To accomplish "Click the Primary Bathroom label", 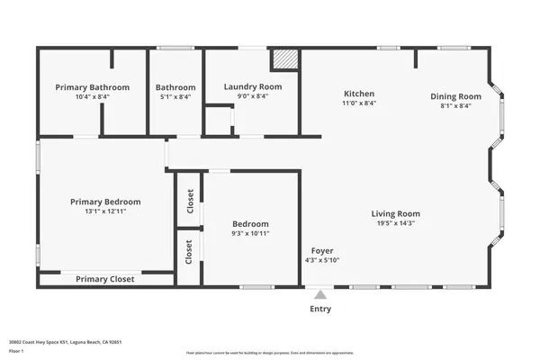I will (92, 87).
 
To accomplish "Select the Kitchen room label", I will (359, 94).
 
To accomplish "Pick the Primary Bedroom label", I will (107, 202).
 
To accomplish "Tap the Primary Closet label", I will (105, 279).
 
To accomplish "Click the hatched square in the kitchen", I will (284, 58).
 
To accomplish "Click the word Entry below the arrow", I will (320, 309).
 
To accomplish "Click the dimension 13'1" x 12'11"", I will (107, 213).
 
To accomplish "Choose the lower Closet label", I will (189, 256).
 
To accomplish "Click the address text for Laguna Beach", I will (79, 342).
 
